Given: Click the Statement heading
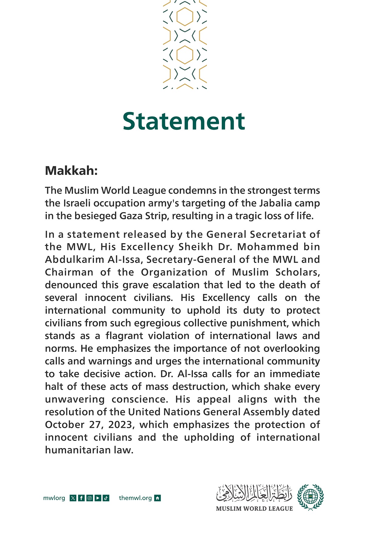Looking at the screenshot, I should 184,121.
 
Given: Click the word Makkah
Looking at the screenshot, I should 71,171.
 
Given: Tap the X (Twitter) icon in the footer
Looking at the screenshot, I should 73,498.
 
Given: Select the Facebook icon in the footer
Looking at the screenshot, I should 81,498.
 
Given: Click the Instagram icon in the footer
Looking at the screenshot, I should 89,498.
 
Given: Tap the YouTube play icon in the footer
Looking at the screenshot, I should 98,498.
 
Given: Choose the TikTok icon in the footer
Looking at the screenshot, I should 106,498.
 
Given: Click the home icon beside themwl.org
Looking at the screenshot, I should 158,498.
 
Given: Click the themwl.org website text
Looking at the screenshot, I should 135,498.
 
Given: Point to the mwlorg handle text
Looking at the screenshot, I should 54,498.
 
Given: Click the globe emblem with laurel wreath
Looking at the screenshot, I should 310,497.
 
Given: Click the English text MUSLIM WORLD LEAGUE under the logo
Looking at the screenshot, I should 254,509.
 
